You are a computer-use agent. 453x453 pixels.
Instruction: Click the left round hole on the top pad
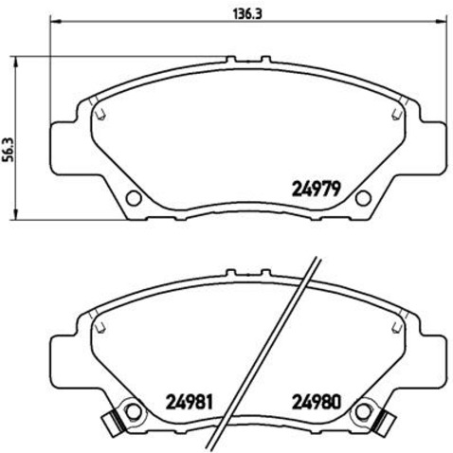pyautogui.click(x=133, y=198)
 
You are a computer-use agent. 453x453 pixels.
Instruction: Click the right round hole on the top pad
pyautogui.click(x=361, y=198)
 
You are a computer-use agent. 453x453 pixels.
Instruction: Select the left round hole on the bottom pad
pyautogui.click(x=133, y=410)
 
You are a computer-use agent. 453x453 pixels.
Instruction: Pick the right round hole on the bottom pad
pyautogui.click(x=361, y=410)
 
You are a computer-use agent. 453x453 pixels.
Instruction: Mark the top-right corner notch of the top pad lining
pyautogui.click(x=392, y=113)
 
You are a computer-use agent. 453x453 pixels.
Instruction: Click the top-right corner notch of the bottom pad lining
pyautogui.click(x=392, y=325)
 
